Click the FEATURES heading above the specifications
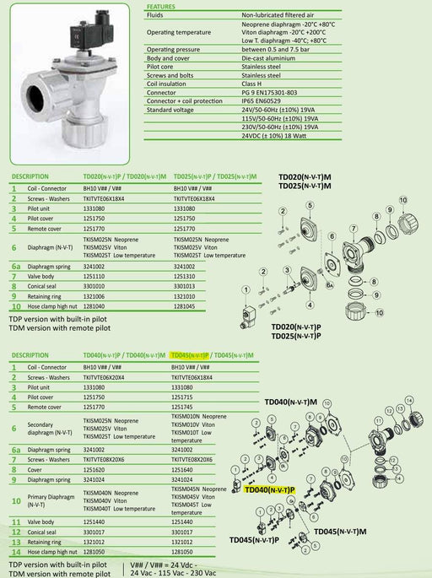pos(163,5)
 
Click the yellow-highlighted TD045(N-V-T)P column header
pos(189,355)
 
